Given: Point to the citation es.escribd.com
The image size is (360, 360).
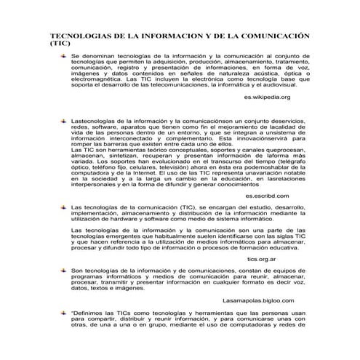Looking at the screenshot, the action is pyautogui.click(x=267, y=196).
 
